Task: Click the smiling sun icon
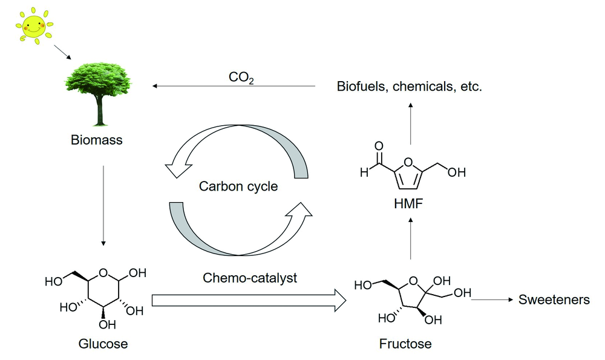click(x=33, y=26)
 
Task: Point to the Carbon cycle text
click(x=238, y=186)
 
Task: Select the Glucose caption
click(x=103, y=344)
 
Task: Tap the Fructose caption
click(x=405, y=344)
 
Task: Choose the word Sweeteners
click(x=554, y=299)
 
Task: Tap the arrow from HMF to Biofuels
click(x=411, y=123)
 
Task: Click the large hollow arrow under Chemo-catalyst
click(x=249, y=300)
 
